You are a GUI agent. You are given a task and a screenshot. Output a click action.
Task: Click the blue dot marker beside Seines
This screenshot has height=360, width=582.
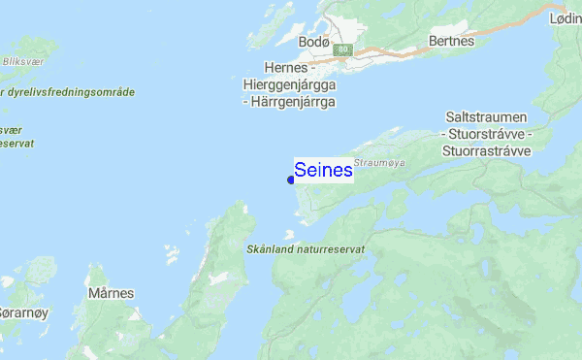291,180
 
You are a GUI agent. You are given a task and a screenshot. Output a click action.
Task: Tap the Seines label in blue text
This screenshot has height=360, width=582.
323,171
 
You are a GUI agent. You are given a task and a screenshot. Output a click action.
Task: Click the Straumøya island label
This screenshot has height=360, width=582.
378,163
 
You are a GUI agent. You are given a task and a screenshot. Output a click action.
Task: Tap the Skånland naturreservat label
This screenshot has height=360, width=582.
304,249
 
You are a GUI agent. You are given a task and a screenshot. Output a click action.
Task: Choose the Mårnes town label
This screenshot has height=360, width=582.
110,292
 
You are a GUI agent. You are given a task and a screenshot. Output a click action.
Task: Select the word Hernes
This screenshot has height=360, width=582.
284,68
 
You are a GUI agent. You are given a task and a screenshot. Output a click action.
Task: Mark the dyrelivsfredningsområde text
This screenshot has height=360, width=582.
74,92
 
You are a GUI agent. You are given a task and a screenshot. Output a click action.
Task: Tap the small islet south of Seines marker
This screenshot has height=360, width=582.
288,233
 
